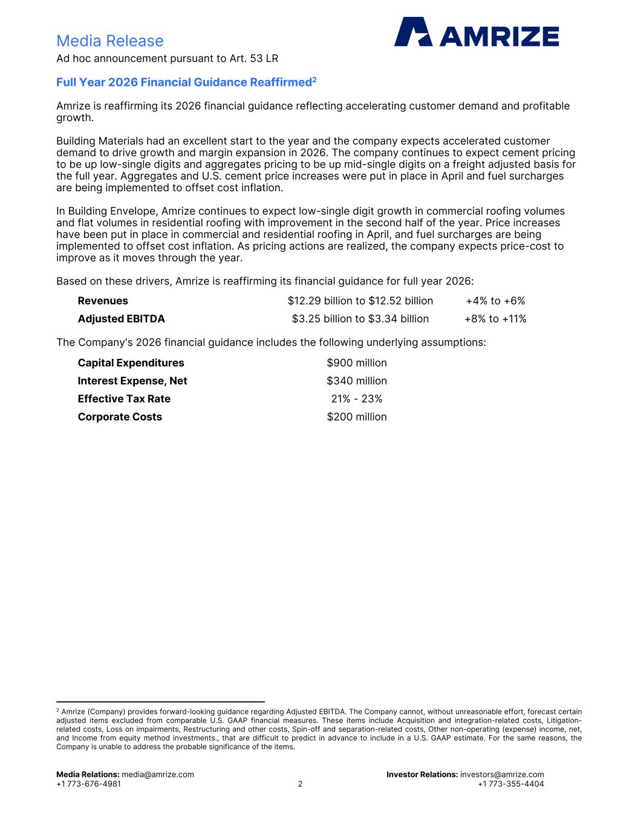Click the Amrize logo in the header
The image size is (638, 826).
tap(477, 32)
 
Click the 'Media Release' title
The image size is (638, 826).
tap(109, 41)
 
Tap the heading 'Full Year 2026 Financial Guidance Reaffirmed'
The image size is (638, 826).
tap(184, 82)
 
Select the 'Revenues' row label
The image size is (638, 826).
tap(103, 301)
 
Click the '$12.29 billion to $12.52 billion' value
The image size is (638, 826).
tap(360, 301)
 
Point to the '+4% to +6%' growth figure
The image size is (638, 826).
tap(495, 301)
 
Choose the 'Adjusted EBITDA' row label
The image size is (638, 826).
tap(121, 319)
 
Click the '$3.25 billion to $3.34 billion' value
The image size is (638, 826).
tap(360, 319)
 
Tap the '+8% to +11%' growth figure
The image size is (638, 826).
tap(495, 319)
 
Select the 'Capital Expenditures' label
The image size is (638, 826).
tap(131, 363)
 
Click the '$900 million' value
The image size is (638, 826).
tap(357, 363)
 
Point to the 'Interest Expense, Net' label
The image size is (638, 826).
tap(132, 381)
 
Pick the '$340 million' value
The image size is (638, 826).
tap(357, 381)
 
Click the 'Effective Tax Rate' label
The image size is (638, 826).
tap(124, 399)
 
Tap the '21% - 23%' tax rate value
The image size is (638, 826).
tap(357, 399)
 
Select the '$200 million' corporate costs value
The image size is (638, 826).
tap(357, 417)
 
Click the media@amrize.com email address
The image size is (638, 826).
tap(158, 775)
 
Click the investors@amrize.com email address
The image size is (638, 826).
tap(502, 775)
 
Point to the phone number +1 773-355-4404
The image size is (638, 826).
tap(510, 784)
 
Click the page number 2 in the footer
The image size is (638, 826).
tap(300, 784)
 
